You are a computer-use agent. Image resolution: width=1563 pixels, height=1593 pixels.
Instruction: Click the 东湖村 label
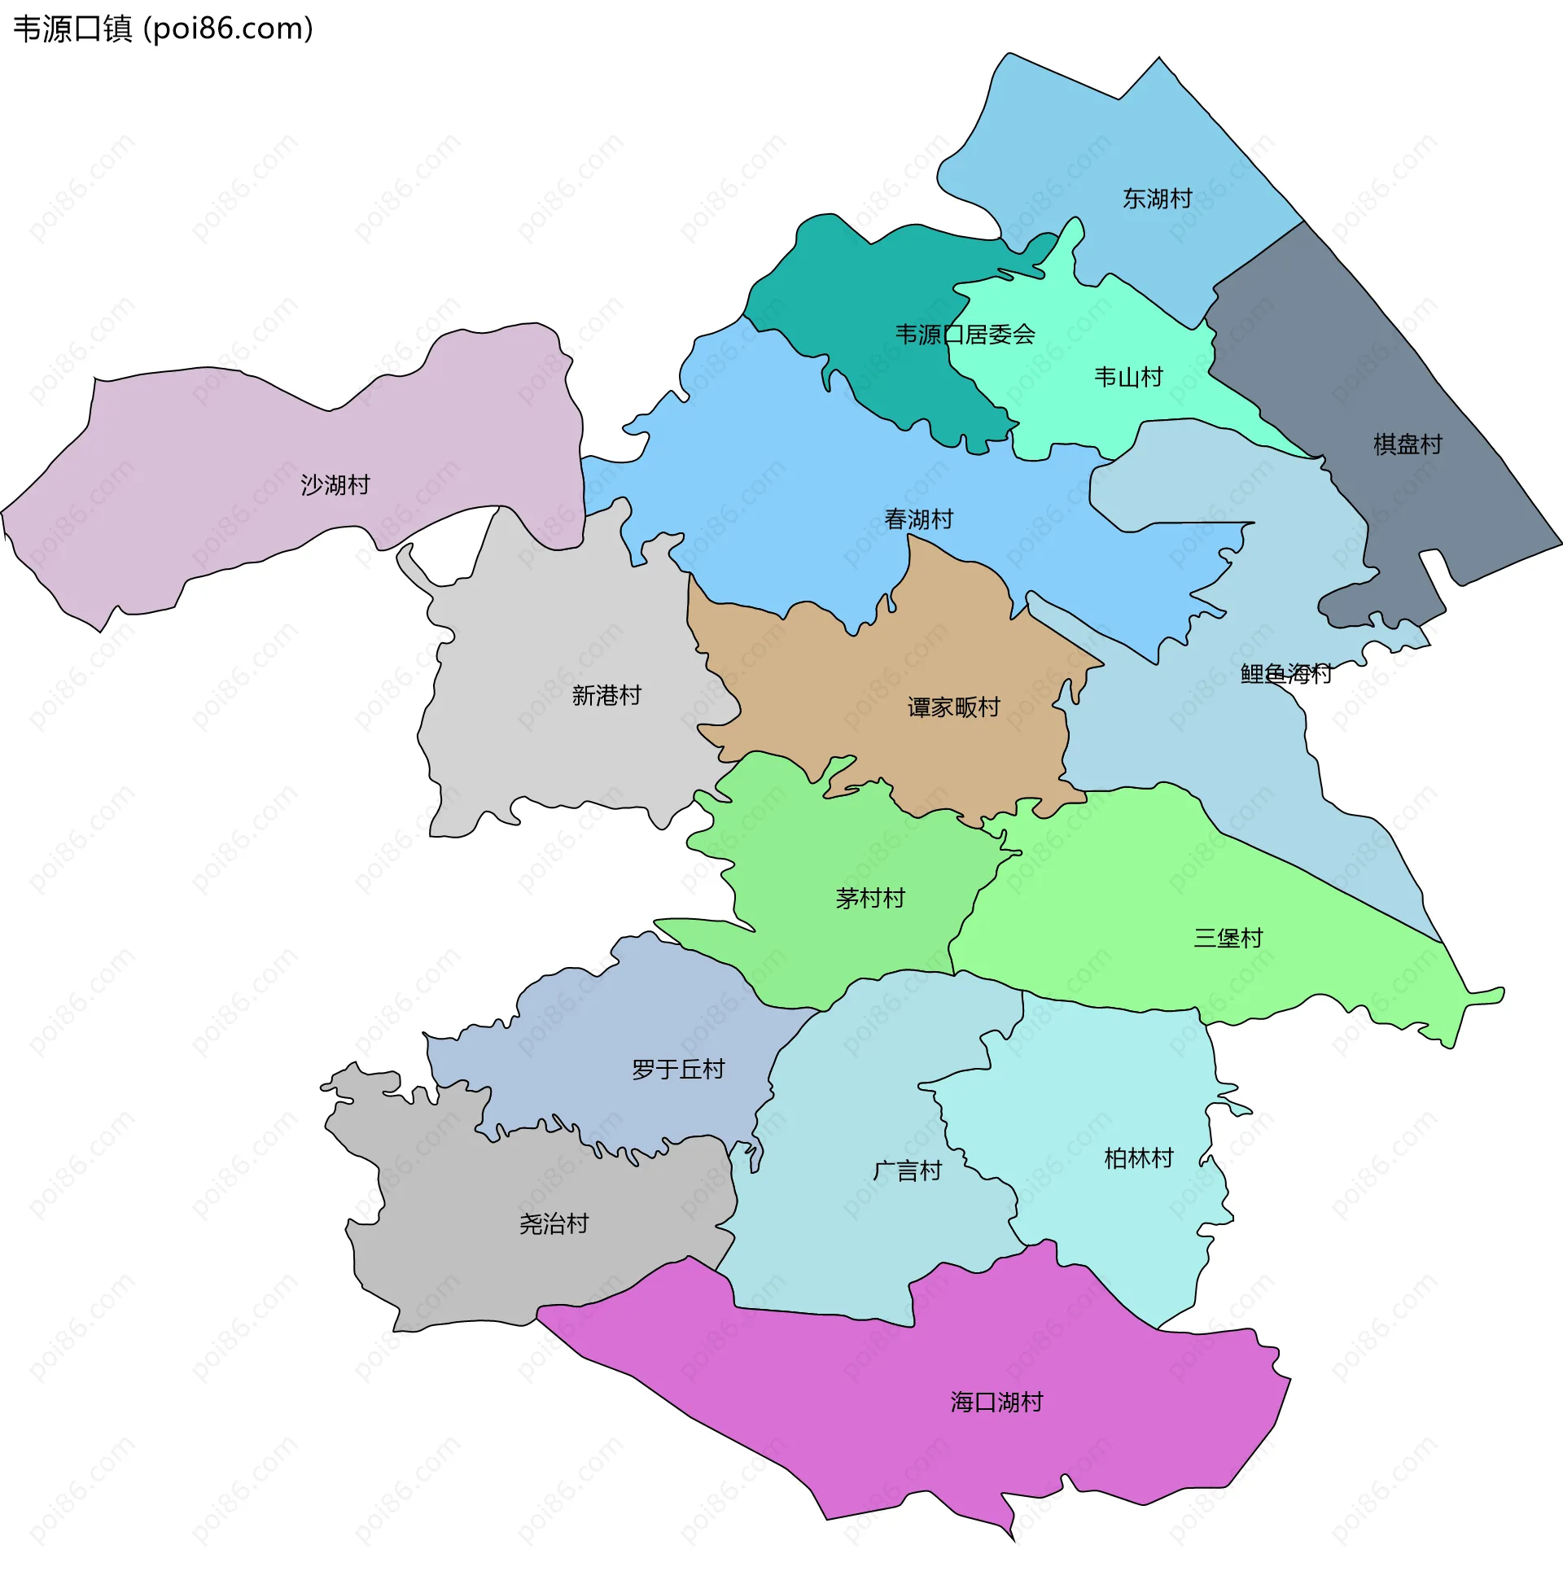tap(1157, 199)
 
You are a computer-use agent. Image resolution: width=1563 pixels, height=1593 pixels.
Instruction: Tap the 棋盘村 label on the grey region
tap(1407, 444)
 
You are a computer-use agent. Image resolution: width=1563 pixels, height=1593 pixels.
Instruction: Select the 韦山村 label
tap(1128, 378)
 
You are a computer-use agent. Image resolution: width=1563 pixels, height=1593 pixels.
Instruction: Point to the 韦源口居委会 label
tap(965, 335)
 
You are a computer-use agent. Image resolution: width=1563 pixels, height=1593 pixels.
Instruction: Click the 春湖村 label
tap(917, 519)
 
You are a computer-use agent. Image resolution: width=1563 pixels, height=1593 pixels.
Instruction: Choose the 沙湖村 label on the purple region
tap(335, 485)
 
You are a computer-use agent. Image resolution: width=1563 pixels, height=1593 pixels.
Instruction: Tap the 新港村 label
tap(606, 696)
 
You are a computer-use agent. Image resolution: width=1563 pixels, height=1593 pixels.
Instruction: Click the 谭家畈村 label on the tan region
tap(953, 707)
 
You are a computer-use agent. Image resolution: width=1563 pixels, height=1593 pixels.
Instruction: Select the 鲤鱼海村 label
tap(1285, 674)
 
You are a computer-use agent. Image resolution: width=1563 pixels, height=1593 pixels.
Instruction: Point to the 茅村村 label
tap(869, 899)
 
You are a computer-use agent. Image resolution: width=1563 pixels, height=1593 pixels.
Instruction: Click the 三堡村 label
tap(1228, 938)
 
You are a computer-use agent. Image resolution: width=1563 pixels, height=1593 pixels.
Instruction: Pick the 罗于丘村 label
tap(678, 1070)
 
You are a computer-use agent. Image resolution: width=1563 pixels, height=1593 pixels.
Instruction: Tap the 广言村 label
tap(906, 1171)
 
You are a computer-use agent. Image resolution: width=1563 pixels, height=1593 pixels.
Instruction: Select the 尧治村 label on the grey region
tap(554, 1224)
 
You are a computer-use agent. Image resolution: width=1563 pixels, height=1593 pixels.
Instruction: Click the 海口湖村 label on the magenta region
tap(996, 1403)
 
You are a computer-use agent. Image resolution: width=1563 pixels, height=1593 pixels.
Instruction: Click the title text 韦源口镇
tap(72, 29)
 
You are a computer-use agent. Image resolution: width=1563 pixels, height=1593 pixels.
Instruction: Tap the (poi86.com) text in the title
tap(228, 29)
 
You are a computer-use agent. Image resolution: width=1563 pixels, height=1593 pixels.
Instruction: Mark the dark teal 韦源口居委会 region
tap(870, 279)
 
